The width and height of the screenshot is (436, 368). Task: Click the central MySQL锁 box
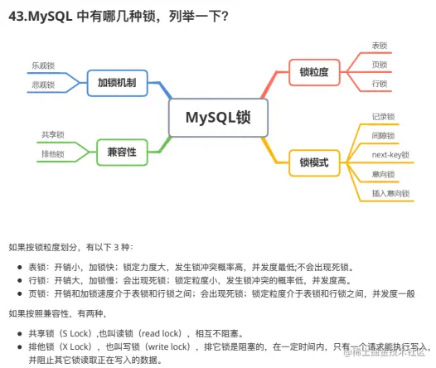pyautogui.click(x=218, y=118)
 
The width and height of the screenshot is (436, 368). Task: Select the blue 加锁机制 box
pyautogui.click(x=117, y=83)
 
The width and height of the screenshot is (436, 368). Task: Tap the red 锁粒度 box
pyautogui.click(x=314, y=72)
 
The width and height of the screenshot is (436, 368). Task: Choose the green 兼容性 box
pyautogui.click(x=122, y=152)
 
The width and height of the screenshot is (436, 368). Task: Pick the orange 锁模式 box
pyautogui.click(x=314, y=162)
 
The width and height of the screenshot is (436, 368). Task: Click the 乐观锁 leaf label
pyautogui.click(x=43, y=65)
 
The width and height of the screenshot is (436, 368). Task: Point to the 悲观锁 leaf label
pyautogui.click(x=43, y=85)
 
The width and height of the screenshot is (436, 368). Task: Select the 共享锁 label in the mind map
pyautogui.click(x=53, y=135)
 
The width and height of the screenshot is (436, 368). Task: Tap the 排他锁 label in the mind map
pyautogui.click(x=53, y=154)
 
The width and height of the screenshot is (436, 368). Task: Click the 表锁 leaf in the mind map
pyautogui.click(x=380, y=46)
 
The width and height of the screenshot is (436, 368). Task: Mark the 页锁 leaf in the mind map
pyautogui.click(x=380, y=65)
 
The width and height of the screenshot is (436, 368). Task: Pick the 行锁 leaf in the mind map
pyautogui.click(x=380, y=84)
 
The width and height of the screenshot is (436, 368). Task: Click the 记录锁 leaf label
pyautogui.click(x=384, y=117)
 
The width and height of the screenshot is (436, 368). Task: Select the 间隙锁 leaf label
pyautogui.click(x=384, y=136)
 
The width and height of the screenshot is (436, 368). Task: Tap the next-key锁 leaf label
pyautogui.click(x=390, y=155)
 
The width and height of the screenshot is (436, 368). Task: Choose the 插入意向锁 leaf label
pyautogui.click(x=390, y=193)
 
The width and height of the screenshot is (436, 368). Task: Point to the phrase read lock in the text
pyautogui.click(x=162, y=333)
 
